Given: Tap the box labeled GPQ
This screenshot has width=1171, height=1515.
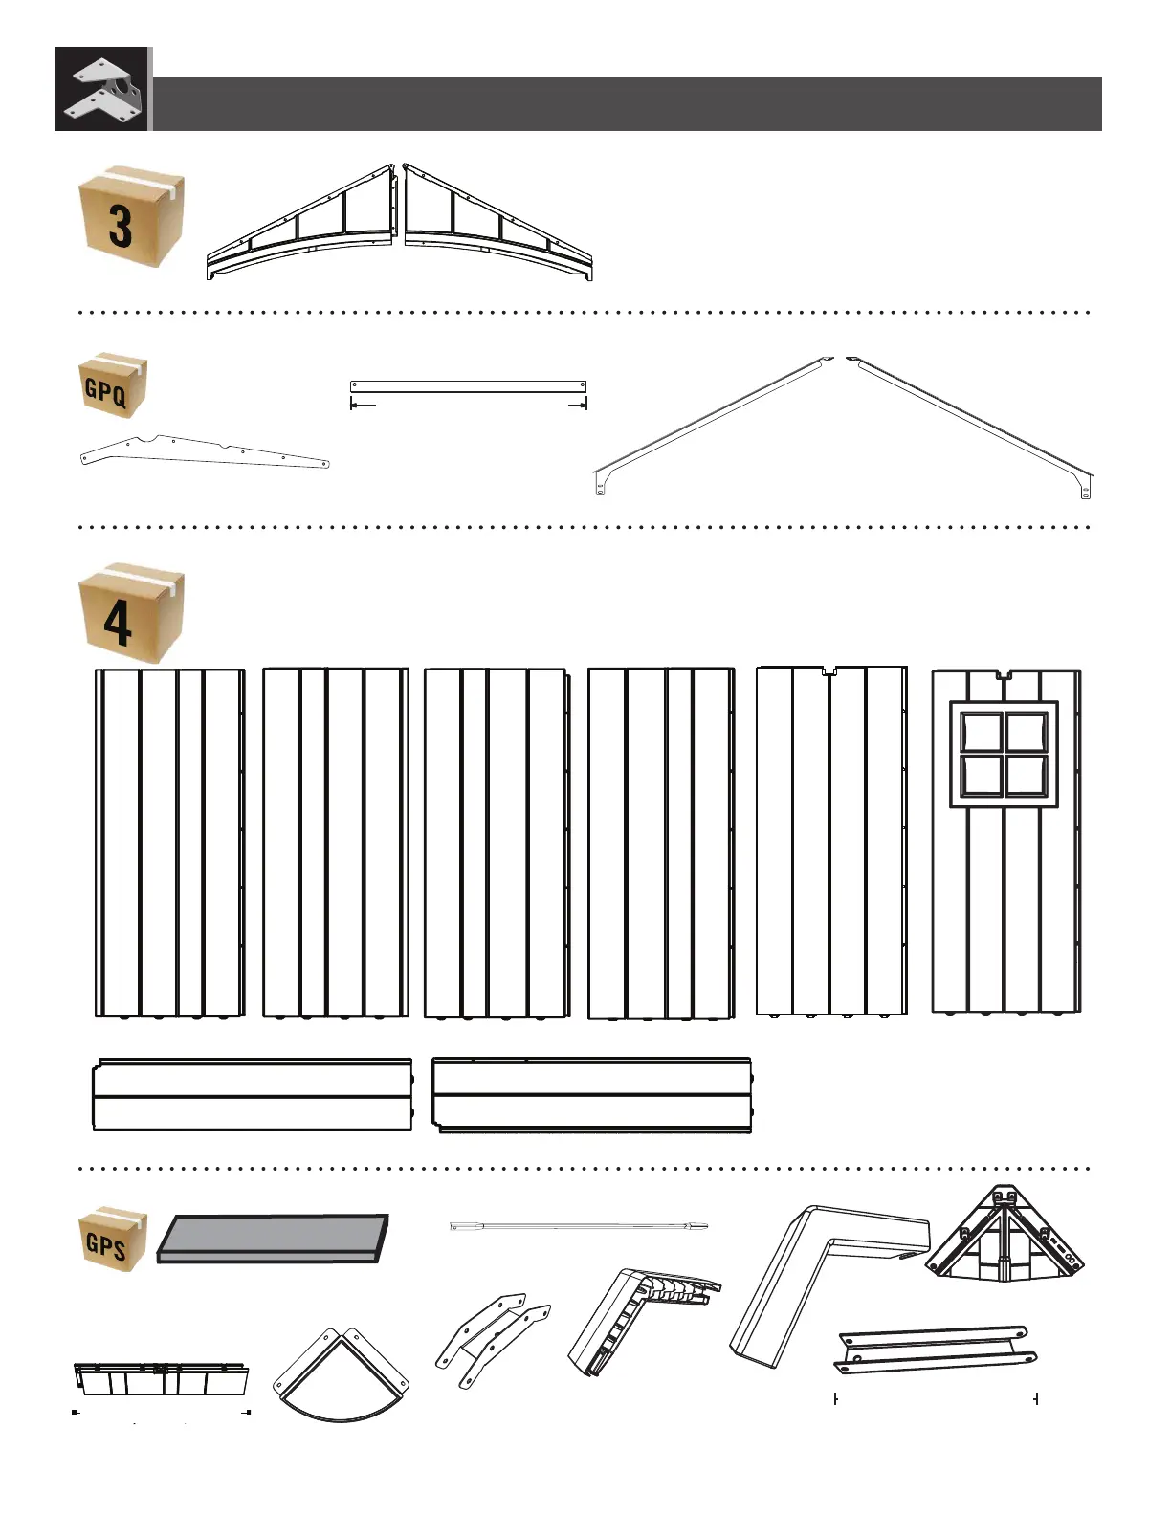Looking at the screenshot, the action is (113, 384).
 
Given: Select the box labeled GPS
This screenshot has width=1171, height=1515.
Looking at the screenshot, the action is (113, 1240).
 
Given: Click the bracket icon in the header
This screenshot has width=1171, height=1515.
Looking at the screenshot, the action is (101, 89).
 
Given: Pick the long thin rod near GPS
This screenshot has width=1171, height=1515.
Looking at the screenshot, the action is (578, 1225).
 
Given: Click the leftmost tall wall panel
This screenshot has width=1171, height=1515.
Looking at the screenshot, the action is (169, 842).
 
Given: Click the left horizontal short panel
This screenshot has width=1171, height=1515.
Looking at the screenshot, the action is (253, 1095).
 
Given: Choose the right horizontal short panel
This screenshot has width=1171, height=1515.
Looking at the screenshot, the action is (591, 1095).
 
